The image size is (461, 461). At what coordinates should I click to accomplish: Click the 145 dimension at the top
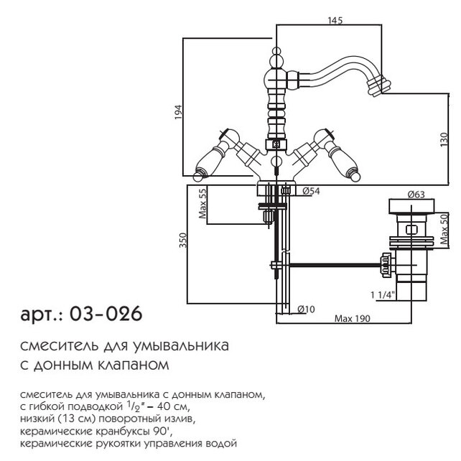[x=335, y=20]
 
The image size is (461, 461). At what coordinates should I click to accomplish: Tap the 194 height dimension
[x=179, y=112]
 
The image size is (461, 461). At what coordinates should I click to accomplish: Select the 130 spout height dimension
[x=444, y=140]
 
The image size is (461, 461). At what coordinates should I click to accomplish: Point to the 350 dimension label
[x=183, y=241]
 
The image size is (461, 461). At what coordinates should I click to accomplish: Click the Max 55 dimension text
[x=202, y=203]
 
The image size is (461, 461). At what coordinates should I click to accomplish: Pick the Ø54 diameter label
[x=311, y=192]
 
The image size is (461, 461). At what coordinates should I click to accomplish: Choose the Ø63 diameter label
[x=416, y=195]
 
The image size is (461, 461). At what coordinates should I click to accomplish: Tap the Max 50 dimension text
[x=444, y=229]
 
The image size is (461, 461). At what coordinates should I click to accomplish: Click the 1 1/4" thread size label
[x=383, y=294]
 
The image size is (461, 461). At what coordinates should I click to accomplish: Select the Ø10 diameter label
[x=306, y=309]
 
